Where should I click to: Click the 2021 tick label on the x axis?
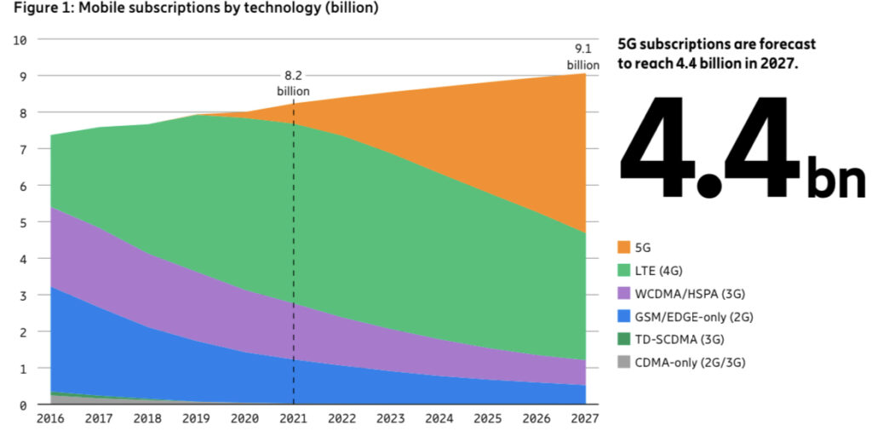point(293,419)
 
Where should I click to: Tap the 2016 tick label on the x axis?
point(50,419)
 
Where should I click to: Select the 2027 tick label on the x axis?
point(584,419)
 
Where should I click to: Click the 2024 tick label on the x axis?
point(439,419)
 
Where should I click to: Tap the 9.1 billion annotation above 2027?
point(583,57)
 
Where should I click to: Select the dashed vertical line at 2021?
point(294,256)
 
